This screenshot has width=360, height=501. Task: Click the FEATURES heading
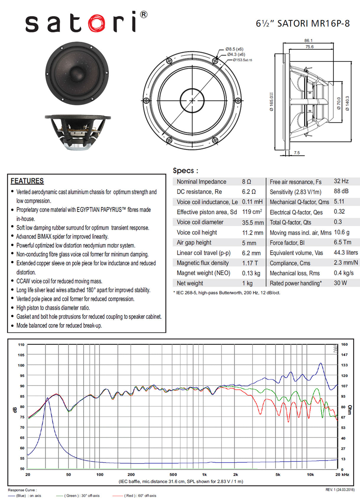click(27, 181)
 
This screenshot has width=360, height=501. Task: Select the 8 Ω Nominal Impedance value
click(246, 182)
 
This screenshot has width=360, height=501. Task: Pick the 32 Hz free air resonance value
click(341, 181)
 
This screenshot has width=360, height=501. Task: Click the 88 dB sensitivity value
click(341, 192)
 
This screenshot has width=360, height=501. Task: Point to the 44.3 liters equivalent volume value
click(346, 253)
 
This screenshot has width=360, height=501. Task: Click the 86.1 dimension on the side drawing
click(309, 41)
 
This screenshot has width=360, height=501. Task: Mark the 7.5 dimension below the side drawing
click(297, 153)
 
